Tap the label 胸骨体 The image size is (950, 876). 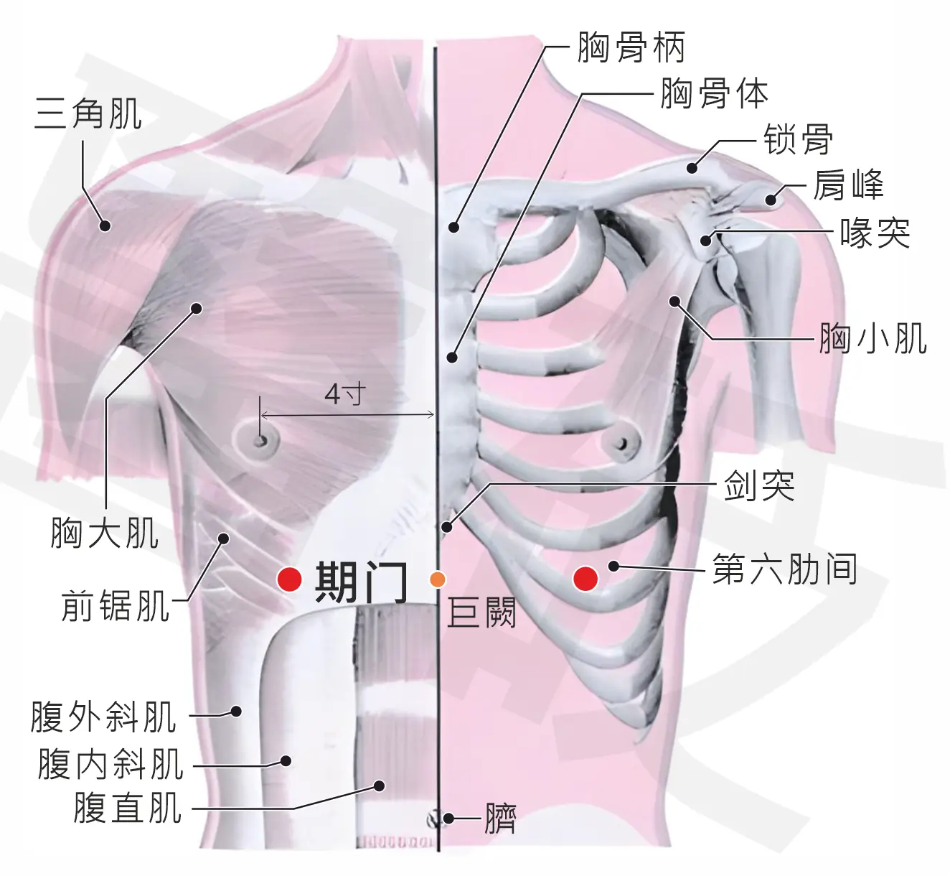(x=715, y=93)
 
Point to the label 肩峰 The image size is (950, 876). (x=848, y=185)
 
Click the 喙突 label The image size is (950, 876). (x=875, y=233)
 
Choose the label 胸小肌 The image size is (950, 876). (x=873, y=338)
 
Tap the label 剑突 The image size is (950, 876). (x=759, y=485)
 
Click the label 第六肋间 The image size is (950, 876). (x=785, y=569)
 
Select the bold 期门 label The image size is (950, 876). (x=361, y=582)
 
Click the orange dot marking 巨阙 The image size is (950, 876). (x=438, y=579)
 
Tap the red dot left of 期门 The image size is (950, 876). (x=290, y=579)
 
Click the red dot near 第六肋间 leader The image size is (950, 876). (x=585, y=578)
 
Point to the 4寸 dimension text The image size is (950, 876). (x=345, y=394)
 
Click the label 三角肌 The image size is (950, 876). (x=88, y=113)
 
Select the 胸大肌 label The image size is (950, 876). (x=104, y=533)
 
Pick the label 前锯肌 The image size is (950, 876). (x=115, y=606)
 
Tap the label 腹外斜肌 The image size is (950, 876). (x=103, y=717)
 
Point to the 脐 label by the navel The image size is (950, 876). (x=499, y=818)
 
